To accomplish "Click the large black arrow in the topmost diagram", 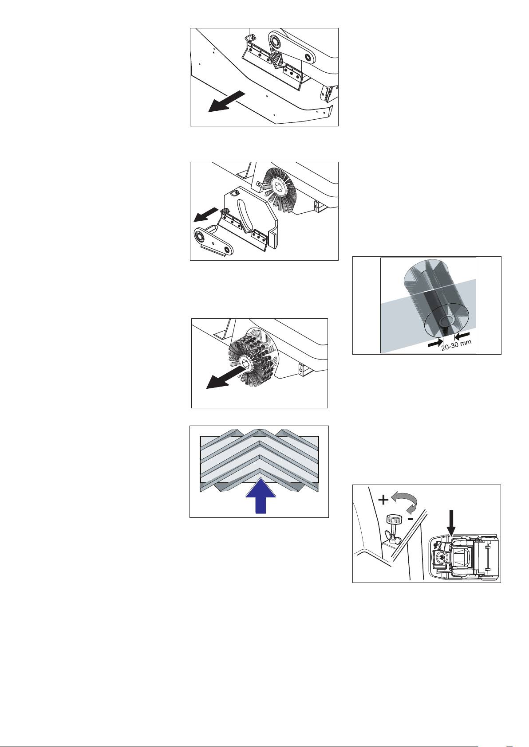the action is pyautogui.click(x=227, y=102).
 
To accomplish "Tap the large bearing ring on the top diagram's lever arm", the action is pyautogui.click(x=276, y=41).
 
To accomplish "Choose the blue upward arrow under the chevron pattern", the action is pyautogui.click(x=261, y=496).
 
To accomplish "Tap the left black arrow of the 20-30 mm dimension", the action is pyautogui.click(x=435, y=342).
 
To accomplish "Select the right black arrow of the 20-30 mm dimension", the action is pyautogui.click(x=462, y=334).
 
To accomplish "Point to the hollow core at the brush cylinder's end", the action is pyautogui.click(x=446, y=321).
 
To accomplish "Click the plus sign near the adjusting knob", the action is pyautogui.click(x=383, y=500).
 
